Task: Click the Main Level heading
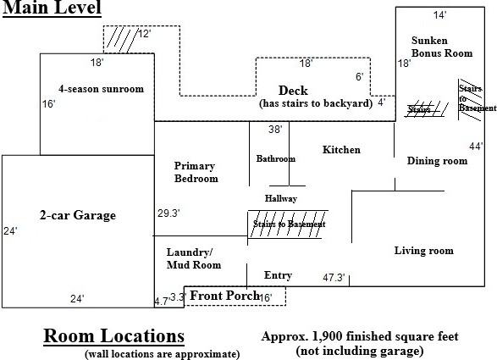[x=52, y=8]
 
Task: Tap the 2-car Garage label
[x=78, y=215]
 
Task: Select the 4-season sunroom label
[x=101, y=89]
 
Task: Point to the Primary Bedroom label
[x=196, y=172]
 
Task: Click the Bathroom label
[x=276, y=158]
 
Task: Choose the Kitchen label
[x=341, y=150]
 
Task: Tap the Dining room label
[x=437, y=161]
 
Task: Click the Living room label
[x=424, y=251]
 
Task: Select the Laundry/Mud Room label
[x=194, y=258]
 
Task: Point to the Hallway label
[x=281, y=198]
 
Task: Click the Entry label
[x=278, y=275]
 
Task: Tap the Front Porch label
[x=224, y=296]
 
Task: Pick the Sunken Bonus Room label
[x=442, y=47]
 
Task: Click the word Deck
[x=293, y=91]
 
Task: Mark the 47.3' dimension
[x=334, y=278]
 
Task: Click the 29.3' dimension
[x=168, y=213]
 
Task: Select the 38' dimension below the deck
[x=275, y=130]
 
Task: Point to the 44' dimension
[x=476, y=147]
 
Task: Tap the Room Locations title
[x=113, y=336]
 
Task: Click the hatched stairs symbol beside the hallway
[x=288, y=224]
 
